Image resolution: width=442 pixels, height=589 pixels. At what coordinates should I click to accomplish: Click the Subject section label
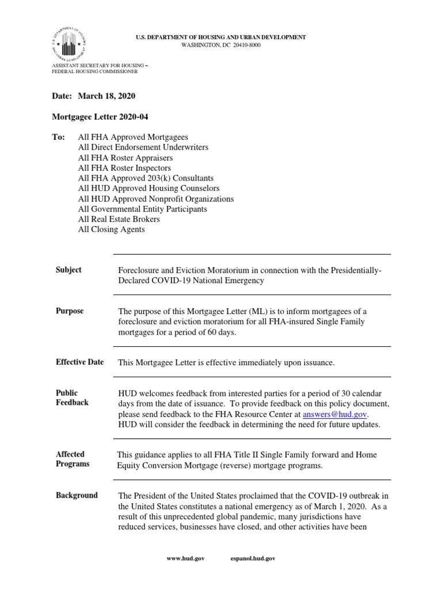[68, 270]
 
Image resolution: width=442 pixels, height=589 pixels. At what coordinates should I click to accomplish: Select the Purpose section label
[70, 311]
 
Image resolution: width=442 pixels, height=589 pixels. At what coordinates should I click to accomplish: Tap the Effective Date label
[79, 362]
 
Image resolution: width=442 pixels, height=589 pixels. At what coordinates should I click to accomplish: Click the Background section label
[77, 495]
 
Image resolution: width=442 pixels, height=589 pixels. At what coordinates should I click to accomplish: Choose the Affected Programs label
[73, 459]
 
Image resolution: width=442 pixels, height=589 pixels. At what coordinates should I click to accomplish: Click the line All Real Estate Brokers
[119, 219]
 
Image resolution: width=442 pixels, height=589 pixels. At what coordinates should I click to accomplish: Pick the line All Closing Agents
[111, 230]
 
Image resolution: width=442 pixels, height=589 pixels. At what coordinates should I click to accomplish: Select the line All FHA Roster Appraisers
[125, 158]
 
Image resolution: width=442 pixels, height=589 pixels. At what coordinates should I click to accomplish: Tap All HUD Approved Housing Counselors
[148, 188]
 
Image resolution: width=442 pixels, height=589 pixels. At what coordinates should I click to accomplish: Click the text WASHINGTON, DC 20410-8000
[221, 45]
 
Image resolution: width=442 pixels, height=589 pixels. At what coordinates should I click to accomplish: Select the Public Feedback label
[72, 397]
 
